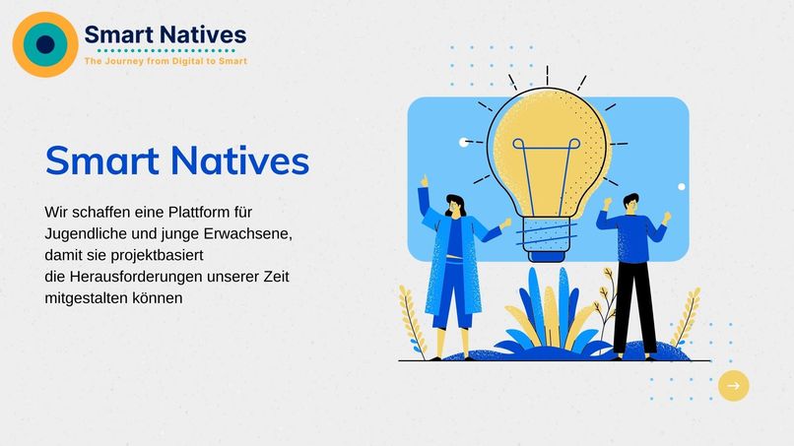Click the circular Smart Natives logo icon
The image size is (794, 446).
(44, 44)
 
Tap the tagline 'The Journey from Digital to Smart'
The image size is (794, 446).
(165, 61)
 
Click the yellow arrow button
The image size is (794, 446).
(733, 386)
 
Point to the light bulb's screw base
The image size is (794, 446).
(548, 236)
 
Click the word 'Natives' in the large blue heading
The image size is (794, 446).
(239, 160)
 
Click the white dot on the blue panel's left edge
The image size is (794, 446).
(464, 142)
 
